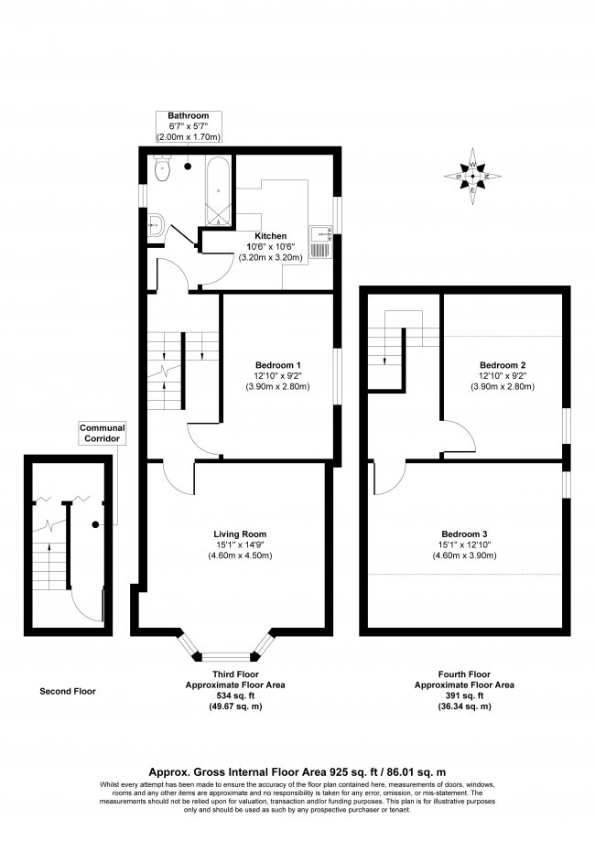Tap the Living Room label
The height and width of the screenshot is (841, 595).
(x=240, y=534)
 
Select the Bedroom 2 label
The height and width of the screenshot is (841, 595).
(x=503, y=363)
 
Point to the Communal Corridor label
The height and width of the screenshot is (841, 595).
(x=102, y=432)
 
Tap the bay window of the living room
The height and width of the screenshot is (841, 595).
(x=225, y=653)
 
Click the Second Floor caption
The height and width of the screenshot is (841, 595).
(x=67, y=691)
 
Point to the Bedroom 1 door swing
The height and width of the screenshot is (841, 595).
(x=203, y=439)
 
